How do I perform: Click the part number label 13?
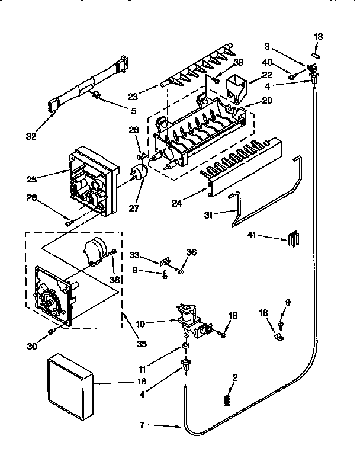click(x=319, y=37)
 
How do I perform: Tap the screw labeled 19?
click(x=223, y=336)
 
